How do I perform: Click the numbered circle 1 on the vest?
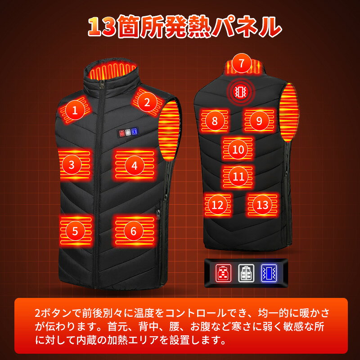tap(75, 110)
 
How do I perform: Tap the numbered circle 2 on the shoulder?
tap(147, 102)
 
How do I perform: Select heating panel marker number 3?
tap(72, 165)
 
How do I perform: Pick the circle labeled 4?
tap(135, 165)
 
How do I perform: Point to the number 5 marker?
tap(75, 231)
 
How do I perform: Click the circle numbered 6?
tap(134, 231)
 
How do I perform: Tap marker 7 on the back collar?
tap(241, 63)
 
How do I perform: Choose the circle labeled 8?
tap(215, 121)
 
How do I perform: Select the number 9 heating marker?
tap(259, 121)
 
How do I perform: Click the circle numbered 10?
tap(238, 150)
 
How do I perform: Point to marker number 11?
tap(238, 176)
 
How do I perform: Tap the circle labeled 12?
tap(218, 205)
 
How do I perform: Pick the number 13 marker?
tap(262, 205)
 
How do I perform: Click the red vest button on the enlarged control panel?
tap(223, 273)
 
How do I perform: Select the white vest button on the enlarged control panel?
tap(246, 273)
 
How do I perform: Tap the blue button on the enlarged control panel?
tap(269, 273)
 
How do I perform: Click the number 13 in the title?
tap(102, 27)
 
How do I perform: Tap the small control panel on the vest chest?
tap(128, 132)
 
